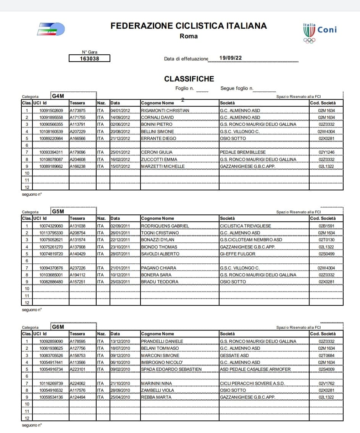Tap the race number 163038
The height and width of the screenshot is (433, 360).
point(89,58)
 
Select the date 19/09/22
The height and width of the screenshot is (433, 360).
point(231,58)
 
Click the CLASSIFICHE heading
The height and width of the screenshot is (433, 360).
point(189,79)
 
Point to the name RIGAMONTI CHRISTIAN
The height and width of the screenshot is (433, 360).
point(165,110)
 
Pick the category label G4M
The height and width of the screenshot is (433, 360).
point(58,96)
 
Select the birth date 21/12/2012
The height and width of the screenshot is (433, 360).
point(120,138)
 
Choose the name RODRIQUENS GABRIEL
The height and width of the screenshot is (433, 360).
point(165,226)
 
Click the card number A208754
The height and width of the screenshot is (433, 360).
point(77,233)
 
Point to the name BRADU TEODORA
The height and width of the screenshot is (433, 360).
point(160,282)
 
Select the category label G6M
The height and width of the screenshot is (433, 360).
point(58,327)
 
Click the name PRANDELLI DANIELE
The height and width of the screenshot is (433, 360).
point(162,341)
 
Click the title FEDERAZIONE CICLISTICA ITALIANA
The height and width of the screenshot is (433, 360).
point(189,26)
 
